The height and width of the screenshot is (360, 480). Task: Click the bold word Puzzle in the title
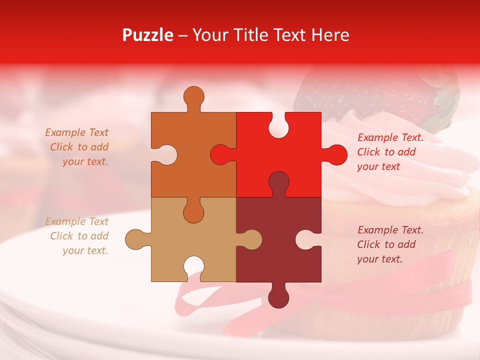148,35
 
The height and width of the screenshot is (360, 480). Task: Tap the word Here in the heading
327,35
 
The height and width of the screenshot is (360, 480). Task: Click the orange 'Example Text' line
76,132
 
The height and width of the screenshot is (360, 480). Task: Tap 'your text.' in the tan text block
85,250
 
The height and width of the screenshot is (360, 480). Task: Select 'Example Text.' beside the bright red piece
390,137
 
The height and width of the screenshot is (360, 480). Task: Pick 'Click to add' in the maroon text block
386,244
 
